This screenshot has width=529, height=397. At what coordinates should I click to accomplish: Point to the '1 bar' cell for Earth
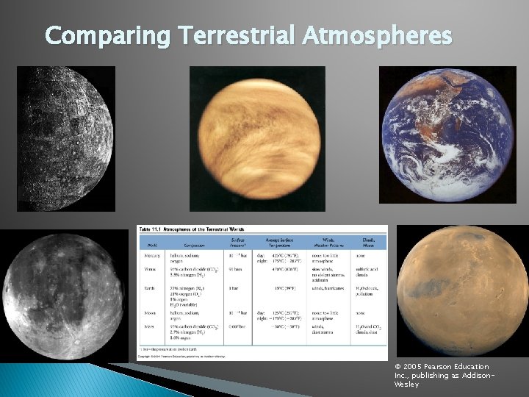(234, 289)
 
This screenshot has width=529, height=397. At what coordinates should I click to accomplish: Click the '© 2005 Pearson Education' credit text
(441, 367)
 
